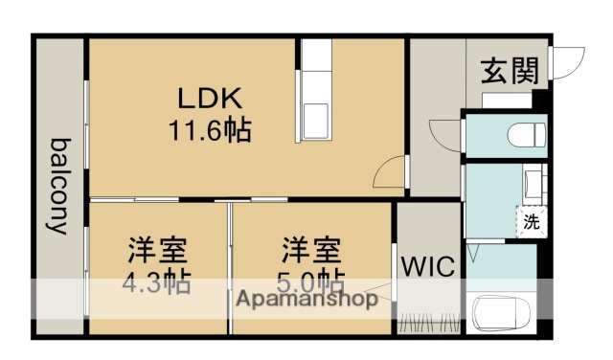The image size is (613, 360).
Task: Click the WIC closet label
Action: click(x=428, y=264)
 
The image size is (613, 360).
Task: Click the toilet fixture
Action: click(x=525, y=134)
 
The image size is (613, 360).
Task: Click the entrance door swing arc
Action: click(x=569, y=63)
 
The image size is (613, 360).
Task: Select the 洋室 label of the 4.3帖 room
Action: click(x=159, y=251)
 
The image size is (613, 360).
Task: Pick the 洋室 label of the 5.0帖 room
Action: click(x=312, y=251)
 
